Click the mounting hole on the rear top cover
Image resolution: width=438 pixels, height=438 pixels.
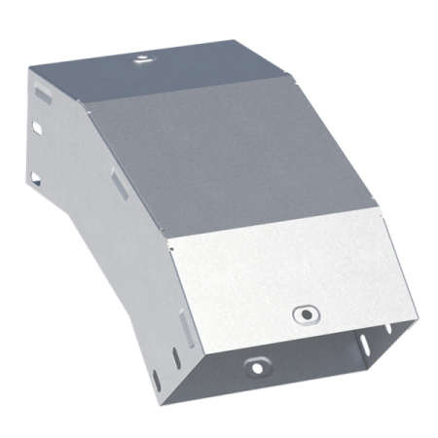[x=142, y=58]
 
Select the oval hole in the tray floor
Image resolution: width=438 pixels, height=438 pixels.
[x=256, y=367]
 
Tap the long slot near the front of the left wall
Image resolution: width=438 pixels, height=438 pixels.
[x=181, y=320]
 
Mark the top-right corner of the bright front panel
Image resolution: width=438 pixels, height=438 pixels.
[x=382, y=220]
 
